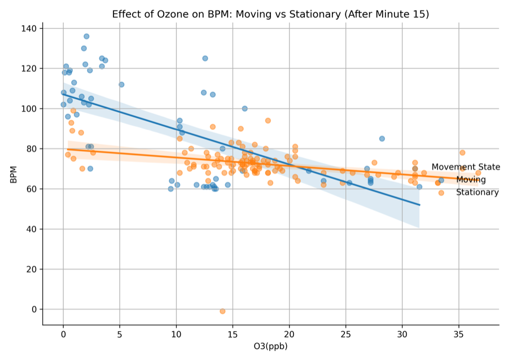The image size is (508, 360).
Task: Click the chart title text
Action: coord(270,14)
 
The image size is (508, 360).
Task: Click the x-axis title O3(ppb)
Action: coord(270,346)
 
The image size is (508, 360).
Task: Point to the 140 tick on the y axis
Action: coord(29,28)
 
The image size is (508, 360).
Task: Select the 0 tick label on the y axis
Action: coord(34,309)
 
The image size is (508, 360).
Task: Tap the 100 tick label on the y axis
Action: coord(29,108)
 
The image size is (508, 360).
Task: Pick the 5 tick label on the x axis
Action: coord(120,334)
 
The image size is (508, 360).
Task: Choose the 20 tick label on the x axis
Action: coord(289,334)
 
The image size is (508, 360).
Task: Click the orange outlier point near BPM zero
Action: coord(222,311)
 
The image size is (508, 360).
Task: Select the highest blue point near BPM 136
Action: coord(86,36)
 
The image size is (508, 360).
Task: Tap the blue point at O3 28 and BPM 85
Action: coord(382,138)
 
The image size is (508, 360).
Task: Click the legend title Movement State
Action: coord(466,167)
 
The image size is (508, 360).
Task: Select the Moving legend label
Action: coord(470,180)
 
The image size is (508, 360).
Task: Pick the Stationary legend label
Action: coord(477,192)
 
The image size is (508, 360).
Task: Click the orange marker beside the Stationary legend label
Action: coord(441,192)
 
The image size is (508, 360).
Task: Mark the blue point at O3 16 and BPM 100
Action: coord(245,108)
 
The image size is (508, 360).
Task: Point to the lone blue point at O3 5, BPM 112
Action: coord(121,85)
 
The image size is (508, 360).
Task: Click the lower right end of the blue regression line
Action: coord(419,205)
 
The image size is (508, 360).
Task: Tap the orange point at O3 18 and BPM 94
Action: coord(268,120)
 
